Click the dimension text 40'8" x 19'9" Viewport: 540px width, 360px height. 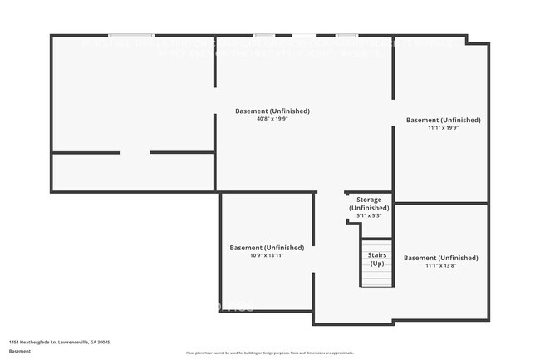click(272, 119)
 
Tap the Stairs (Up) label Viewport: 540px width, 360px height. click(376, 259)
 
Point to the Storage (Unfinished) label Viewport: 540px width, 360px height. click(369, 204)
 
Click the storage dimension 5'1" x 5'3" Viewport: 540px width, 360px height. click(369, 216)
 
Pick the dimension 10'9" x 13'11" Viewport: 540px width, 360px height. click(267, 256)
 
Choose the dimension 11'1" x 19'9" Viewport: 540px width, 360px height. click(443, 128)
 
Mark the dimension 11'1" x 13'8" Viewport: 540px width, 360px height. click(441, 266)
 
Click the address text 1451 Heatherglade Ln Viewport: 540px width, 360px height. click(59, 342)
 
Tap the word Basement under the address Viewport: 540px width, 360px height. click(21, 351)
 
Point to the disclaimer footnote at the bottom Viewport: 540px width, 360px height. click(269, 353)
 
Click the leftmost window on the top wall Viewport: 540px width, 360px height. click(131, 35)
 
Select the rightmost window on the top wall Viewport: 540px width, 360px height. click(346, 35)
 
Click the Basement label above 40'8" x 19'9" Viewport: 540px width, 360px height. click(272, 111)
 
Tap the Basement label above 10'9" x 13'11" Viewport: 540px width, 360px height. click(267, 248)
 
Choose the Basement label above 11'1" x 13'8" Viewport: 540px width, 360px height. click(441, 258)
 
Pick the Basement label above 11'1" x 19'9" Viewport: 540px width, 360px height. click(443, 120)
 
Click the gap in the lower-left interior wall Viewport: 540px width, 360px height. click(135, 152)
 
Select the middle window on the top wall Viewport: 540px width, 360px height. click(264, 35)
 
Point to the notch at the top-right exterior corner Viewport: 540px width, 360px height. click(478, 39)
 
